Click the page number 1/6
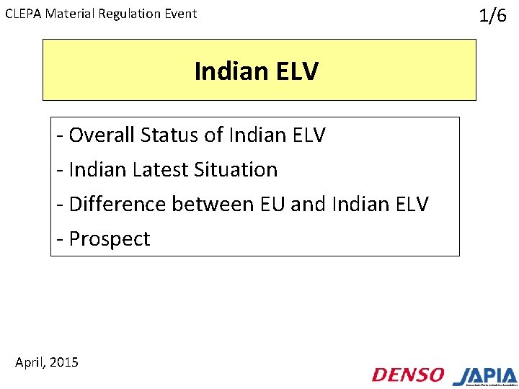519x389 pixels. coord(493,16)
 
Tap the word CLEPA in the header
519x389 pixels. coord(23,14)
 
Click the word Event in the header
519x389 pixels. coord(180,14)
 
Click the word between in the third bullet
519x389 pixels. coord(213,204)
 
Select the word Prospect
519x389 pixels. coord(110,238)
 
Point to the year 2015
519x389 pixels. coord(65,362)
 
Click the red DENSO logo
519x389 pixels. coord(408,375)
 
